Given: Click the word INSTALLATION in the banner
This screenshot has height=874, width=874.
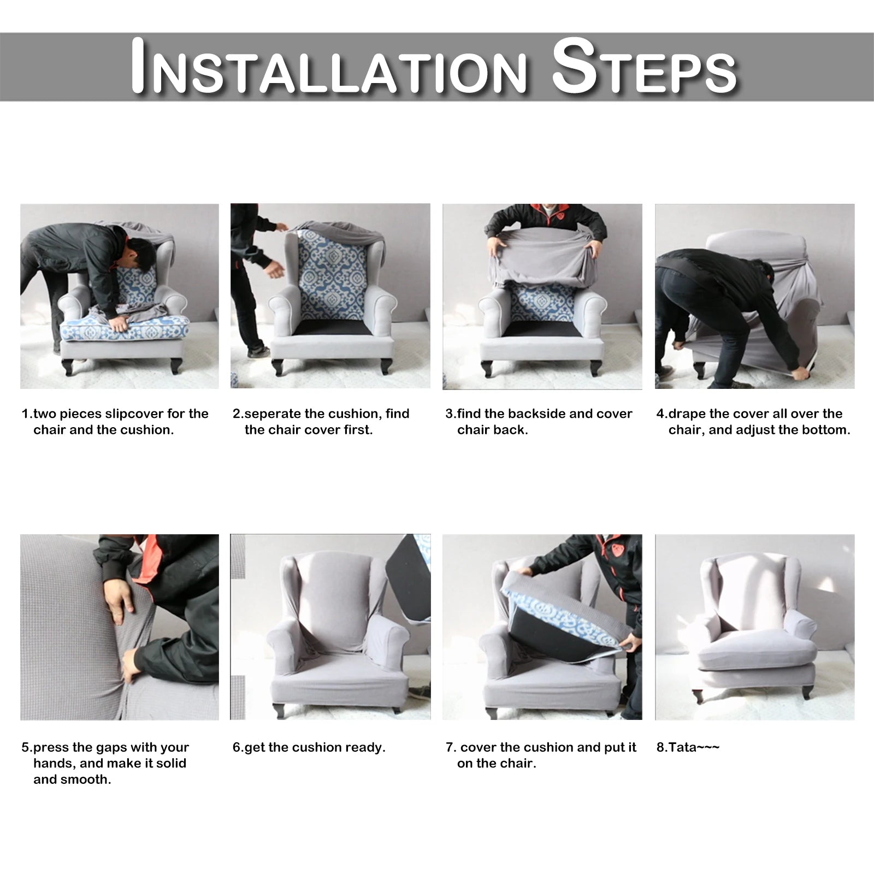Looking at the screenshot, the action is [x=329, y=67].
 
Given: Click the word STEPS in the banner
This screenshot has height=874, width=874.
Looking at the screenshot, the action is [x=645, y=67].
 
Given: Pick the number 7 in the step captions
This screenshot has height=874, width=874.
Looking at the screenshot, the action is [x=450, y=747].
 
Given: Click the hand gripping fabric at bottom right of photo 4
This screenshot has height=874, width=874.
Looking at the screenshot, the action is [x=801, y=374].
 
